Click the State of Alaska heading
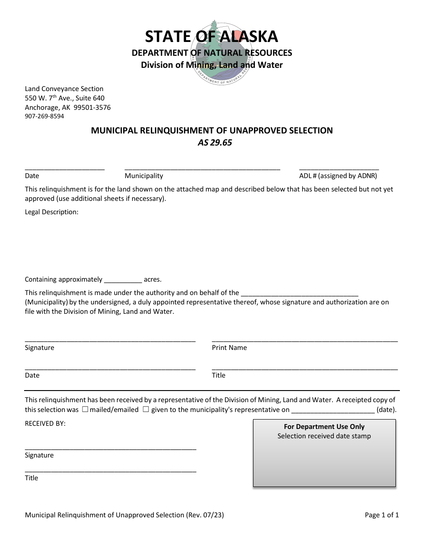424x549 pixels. pyautogui.click(x=212, y=36)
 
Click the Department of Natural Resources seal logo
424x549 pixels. pyautogui.click(x=212, y=53)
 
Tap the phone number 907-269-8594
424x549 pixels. pyautogui.click(x=44, y=116)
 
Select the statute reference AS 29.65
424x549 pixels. pyautogui.click(x=215, y=143)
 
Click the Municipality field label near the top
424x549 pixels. pyautogui.click(x=144, y=176)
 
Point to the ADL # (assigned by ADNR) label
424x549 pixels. pyautogui.click(x=338, y=176)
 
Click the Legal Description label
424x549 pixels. pyautogui.click(x=51, y=212)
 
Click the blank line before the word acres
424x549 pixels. pyautogui.click(x=123, y=280)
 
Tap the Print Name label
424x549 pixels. pyautogui.click(x=229, y=348)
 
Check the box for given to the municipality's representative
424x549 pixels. pyautogui.click(x=146, y=409)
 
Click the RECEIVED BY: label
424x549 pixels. pyautogui.click(x=45, y=423)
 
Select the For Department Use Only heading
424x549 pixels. pyautogui.click(x=324, y=427)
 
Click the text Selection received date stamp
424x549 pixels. pyautogui.click(x=324, y=436)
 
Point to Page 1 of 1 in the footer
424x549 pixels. pyautogui.click(x=382, y=515)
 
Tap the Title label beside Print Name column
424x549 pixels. pyautogui.click(x=218, y=375)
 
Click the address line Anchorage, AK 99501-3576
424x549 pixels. pyautogui.click(x=67, y=108)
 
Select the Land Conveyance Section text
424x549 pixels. pyautogui.click(x=64, y=89)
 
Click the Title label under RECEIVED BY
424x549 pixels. pyautogui.click(x=31, y=478)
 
